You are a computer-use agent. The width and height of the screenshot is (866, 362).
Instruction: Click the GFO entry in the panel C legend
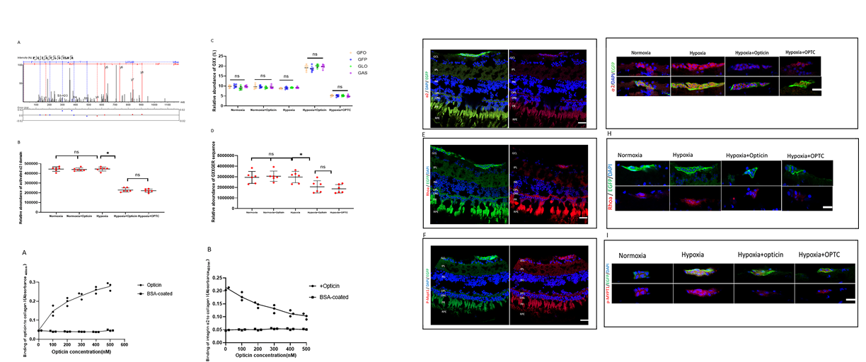362,52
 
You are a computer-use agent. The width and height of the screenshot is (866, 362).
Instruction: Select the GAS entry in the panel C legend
362,73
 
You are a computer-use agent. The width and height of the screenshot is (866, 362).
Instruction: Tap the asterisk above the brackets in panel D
301,154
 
